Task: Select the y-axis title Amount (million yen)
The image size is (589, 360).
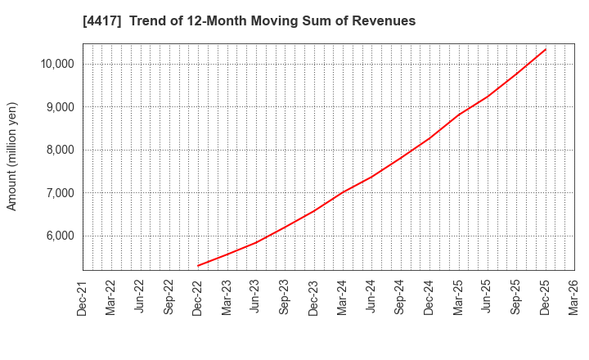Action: pyautogui.click(x=12, y=156)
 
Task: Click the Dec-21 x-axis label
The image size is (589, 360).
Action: pyautogui.click(x=83, y=296)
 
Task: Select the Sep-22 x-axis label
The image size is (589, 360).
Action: pyautogui.click(x=169, y=296)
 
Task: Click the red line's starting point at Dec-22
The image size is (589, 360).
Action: pyautogui.click(x=198, y=266)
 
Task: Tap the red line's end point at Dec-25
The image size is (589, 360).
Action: pyautogui.click(x=546, y=49)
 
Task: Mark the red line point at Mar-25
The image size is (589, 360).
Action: pyautogui.click(x=458, y=115)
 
